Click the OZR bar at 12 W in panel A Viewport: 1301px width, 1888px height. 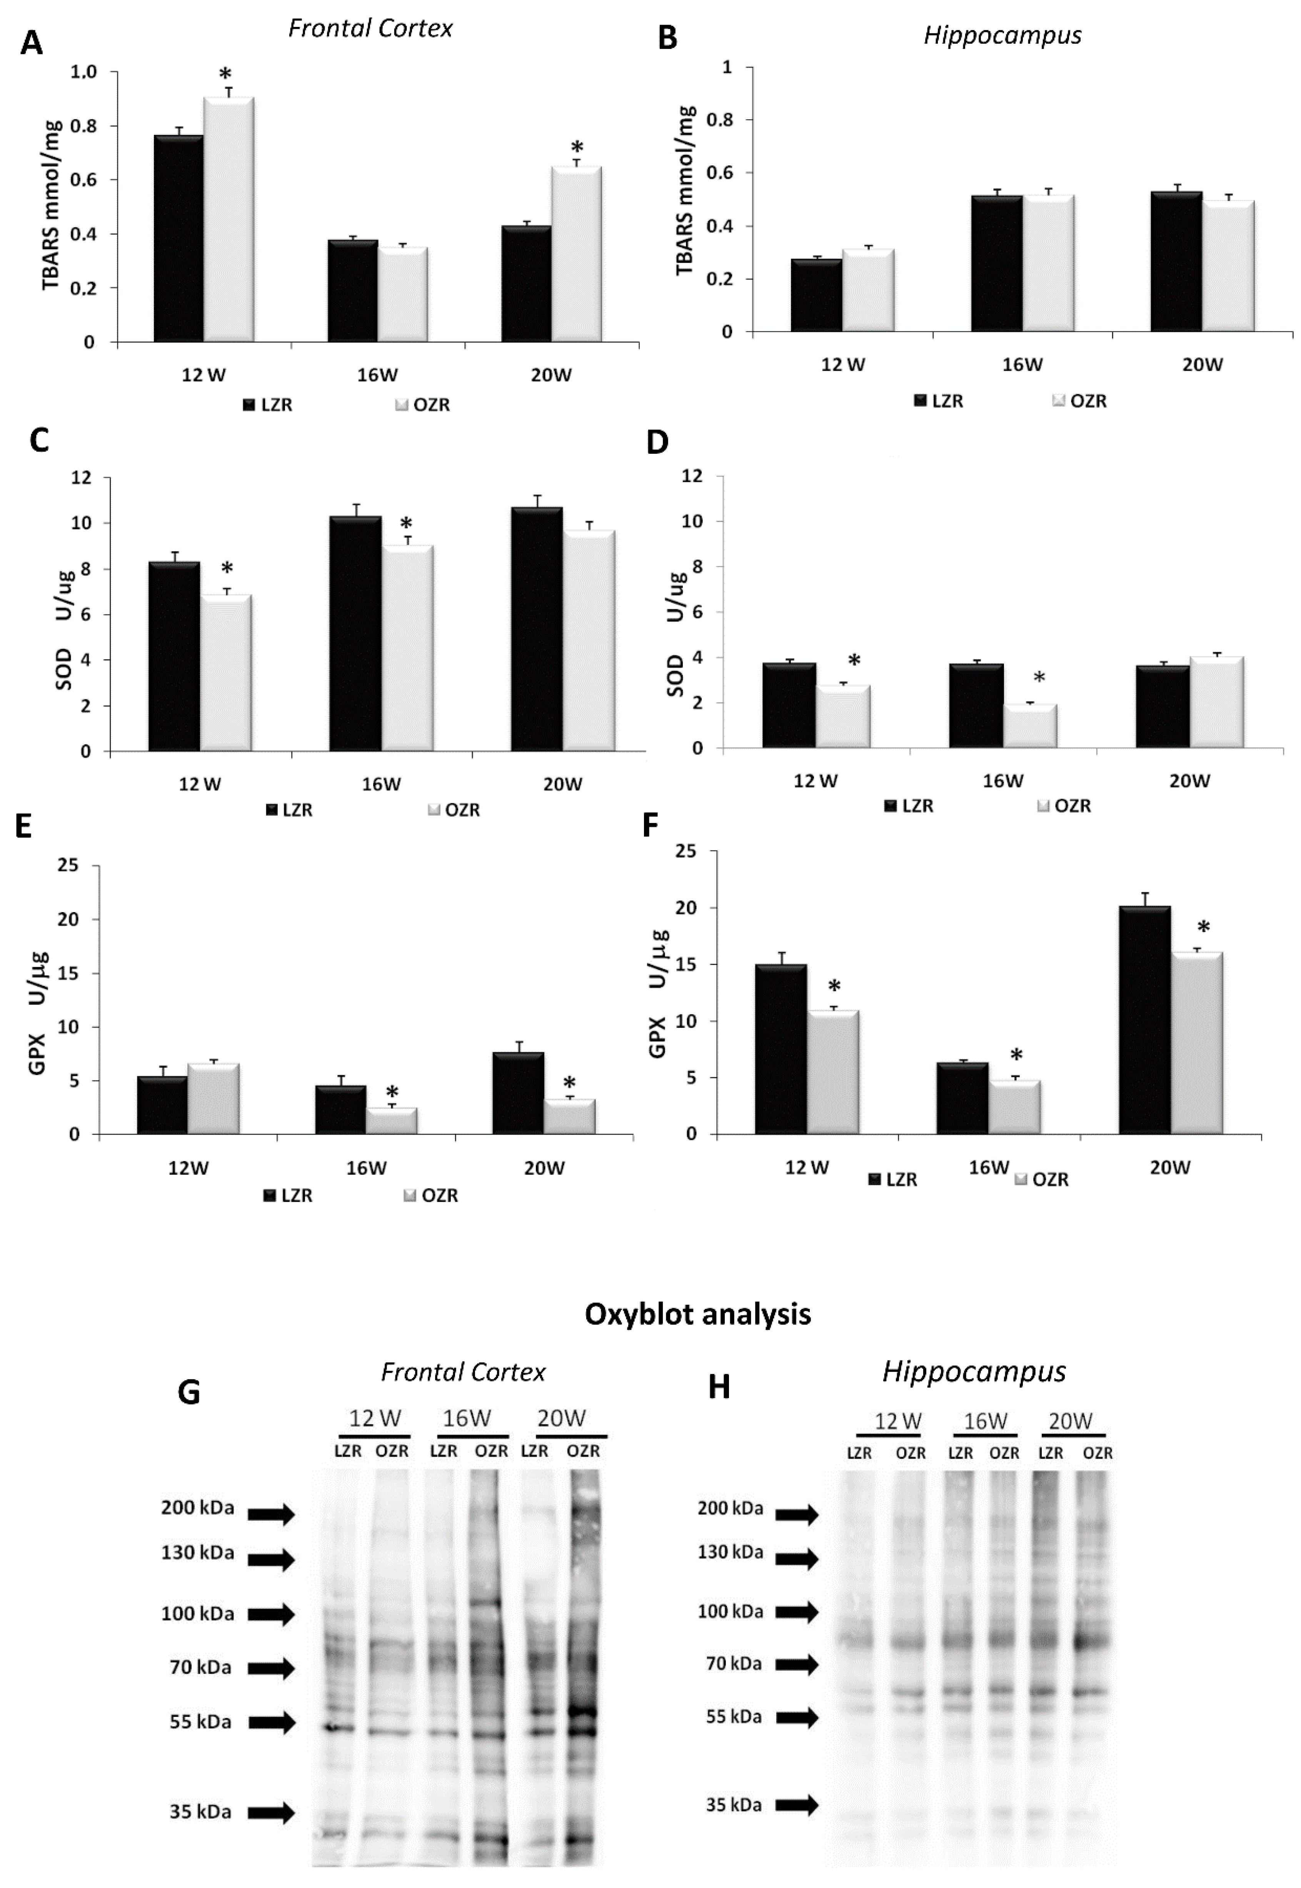tap(228, 220)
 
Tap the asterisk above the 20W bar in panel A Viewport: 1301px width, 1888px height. tap(577, 148)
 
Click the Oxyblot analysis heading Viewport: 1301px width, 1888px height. tap(698, 1314)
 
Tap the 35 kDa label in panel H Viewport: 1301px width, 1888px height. tap(734, 1805)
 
